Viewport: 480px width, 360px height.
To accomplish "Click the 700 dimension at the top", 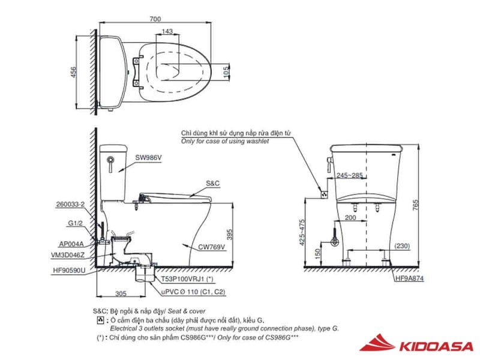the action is pos(155,19).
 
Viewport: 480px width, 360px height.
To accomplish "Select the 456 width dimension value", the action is pos(73,72).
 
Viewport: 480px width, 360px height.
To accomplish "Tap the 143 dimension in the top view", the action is pos(167,31).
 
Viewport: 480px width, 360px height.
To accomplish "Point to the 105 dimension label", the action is pos(226,72).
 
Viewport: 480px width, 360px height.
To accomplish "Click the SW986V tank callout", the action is pos(148,158).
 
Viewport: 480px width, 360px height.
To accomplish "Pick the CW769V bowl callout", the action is pos(212,247).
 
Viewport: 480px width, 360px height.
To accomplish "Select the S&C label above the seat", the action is pos(213,183).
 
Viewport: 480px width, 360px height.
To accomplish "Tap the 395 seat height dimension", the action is pos(230,235).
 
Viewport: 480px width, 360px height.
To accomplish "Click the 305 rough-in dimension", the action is pos(121,293).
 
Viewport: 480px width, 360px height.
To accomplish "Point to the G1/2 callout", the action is pos(76,223).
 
